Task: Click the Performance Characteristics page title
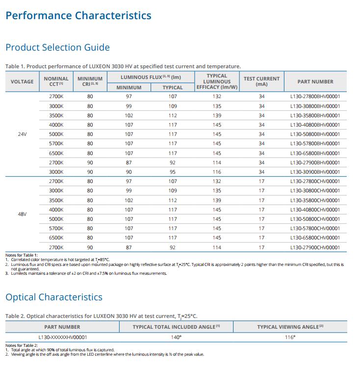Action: click(x=78, y=16)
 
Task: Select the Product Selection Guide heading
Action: click(x=57, y=48)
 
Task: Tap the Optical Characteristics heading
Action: click(x=54, y=297)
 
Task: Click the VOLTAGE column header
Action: click(x=22, y=82)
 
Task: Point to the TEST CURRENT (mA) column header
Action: click(x=261, y=81)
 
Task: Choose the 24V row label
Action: click(x=22, y=134)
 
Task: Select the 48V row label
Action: click(x=22, y=214)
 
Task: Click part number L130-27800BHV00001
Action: click(x=315, y=96)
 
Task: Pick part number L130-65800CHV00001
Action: click(x=315, y=237)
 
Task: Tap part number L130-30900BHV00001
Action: click(x=315, y=172)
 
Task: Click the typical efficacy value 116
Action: click(x=217, y=172)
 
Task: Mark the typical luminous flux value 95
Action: click(x=173, y=172)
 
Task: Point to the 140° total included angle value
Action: click(x=176, y=337)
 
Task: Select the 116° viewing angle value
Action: click(x=290, y=337)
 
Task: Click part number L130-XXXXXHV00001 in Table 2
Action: click(x=62, y=337)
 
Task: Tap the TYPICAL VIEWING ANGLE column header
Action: click(x=290, y=327)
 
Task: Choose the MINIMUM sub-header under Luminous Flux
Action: click(x=129, y=87)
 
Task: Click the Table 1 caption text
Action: click(x=123, y=67)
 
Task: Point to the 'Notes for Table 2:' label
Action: click(x=22, y=345)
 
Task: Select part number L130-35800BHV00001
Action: click(x=315, y=116)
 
